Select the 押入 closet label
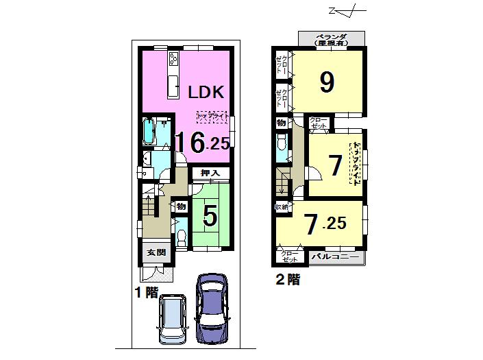click(210, 174)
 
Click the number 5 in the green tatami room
click(210, 217)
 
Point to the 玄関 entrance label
click(156, 252)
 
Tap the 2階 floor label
click(288, 279)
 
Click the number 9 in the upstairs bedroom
click(327, 82)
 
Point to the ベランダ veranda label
click(332, 39)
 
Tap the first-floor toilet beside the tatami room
click(182, 237)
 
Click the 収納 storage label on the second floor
click(282, 206)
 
